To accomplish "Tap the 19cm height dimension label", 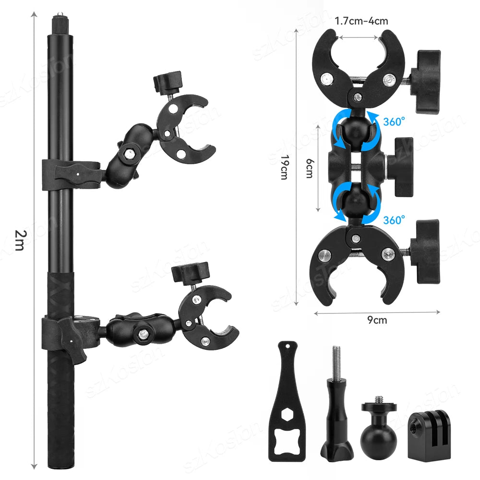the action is click(285, 167).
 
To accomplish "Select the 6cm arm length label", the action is click(310, 168).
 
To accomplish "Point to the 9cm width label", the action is click(377, 320).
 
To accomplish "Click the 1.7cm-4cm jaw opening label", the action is click(361, 21).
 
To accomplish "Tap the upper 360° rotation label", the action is click(394, 121).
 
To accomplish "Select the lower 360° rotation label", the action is click(394, 220).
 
